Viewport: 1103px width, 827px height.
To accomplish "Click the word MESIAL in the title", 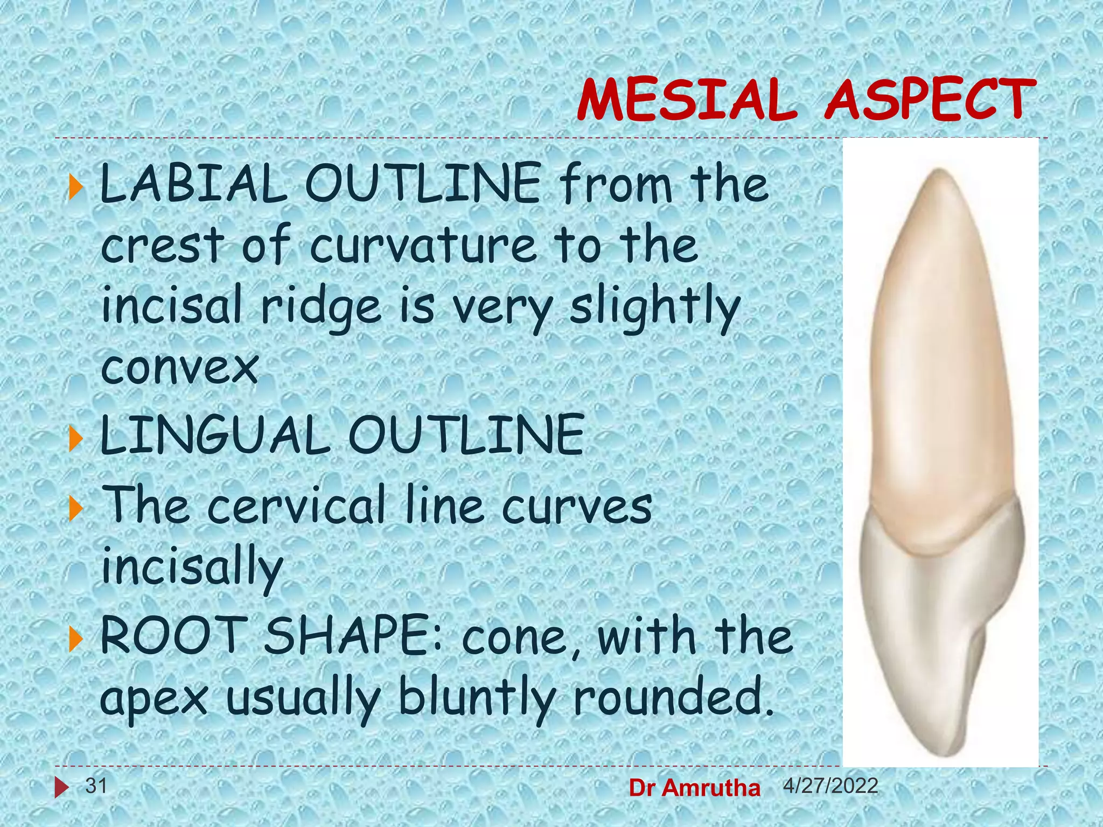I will click(x=687, y=100).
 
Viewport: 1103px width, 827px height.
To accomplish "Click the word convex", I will click(x=180, y=368).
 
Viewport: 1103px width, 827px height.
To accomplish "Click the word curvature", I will click(x=423, y=246).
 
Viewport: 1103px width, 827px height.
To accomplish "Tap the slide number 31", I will click(x=96, y=786).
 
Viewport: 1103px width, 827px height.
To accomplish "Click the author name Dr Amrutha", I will click(x=695, y=788).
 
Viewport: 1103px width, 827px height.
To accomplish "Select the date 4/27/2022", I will click(x=830, y=786).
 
